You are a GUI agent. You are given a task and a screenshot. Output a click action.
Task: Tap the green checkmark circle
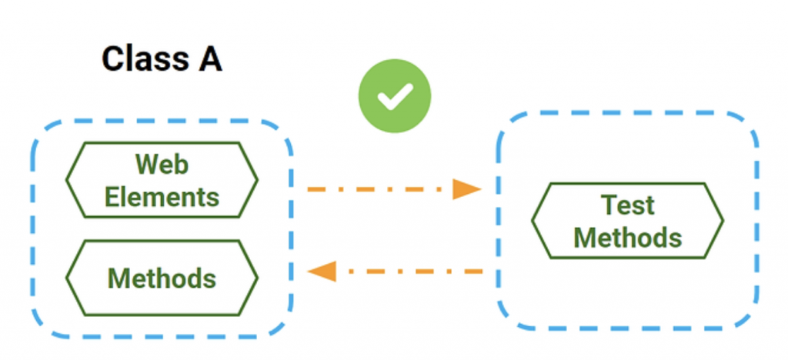tap(395, 97)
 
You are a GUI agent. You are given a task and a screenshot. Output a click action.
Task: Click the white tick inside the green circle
tap(394, 98)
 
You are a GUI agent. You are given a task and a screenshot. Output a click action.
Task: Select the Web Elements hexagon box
tap(162, 180)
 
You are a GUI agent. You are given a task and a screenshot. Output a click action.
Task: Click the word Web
tap(162, 164)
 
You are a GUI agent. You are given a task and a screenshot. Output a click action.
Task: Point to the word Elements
tap(162, 197)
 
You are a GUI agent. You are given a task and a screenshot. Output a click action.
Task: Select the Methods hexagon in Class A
tap(162, 277)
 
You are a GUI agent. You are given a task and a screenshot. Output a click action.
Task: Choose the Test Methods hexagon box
tap(627, 220)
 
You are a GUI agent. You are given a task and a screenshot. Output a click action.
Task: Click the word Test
tap(627, 205)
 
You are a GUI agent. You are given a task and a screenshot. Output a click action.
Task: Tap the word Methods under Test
tap(627, 237)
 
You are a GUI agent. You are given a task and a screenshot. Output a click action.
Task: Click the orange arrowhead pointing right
tap(466, 188)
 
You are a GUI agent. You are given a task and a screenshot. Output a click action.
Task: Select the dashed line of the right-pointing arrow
tap(377, 188)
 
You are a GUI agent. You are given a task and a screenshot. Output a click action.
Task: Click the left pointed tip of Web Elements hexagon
tap(67, 180)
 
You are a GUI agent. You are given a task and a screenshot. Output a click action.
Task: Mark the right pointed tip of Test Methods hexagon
tap(723, 221)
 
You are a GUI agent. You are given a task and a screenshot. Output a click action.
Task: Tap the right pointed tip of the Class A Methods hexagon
tap(257, 278)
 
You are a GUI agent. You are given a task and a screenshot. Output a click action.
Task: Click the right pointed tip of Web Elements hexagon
tap(257, 180)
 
